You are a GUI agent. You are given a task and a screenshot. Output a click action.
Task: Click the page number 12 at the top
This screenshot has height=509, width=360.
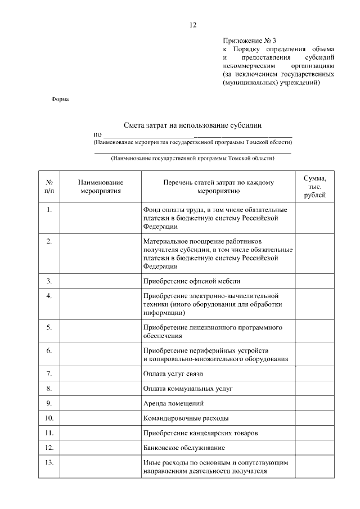tap(192, 25)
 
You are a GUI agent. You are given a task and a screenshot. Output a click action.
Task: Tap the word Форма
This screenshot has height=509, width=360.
tap(60, 100)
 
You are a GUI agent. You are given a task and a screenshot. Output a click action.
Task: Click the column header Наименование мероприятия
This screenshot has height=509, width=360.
tap(101, 187)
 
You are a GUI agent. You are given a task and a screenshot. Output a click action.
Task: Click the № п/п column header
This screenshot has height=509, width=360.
tap(49, 187)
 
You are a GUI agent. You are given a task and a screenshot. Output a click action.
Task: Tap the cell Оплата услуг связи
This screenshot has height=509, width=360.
tap(173, 373)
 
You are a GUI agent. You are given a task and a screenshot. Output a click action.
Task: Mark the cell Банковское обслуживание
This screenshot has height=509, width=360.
tap(184, 448)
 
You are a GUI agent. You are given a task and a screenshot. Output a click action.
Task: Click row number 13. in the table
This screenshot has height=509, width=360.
tap(49, 462)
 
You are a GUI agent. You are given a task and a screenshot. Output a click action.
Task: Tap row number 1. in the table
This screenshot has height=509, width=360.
tap(49, 210)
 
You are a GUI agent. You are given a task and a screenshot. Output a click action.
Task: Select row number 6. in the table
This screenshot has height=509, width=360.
tap(49, 350)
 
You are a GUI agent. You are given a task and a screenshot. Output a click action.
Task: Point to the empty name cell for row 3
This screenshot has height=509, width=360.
tap(101, 280)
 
